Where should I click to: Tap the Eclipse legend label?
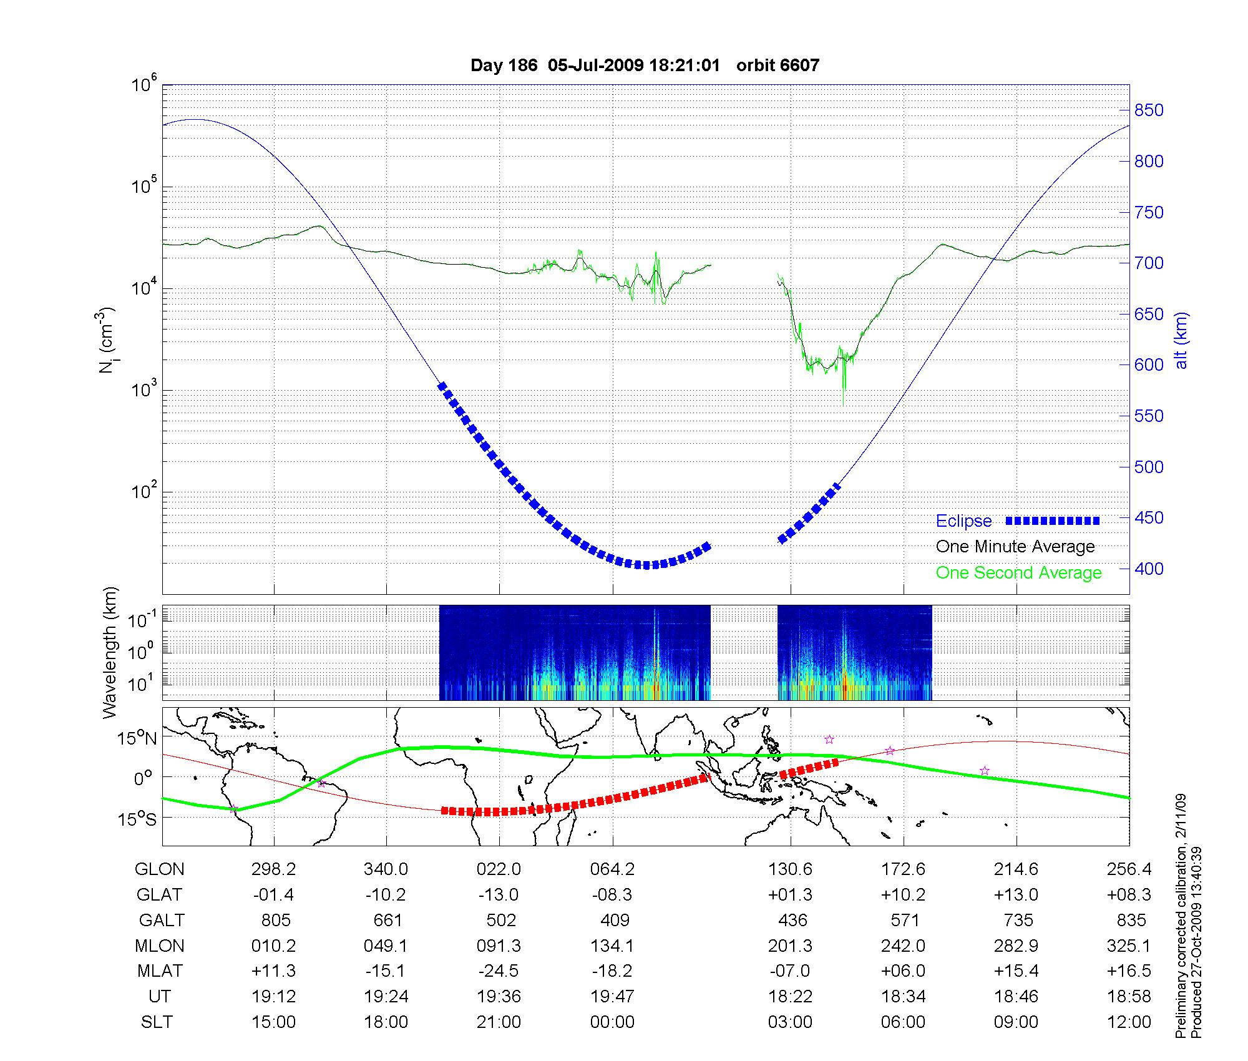click(963, 521)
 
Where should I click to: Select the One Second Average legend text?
click(1018, 573)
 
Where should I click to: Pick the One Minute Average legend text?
click(1015, 547)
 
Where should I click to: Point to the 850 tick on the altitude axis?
click(1148, 110)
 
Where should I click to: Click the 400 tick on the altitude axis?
click(1148, 569)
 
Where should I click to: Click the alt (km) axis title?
click(1181, 340)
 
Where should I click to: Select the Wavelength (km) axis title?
click(110, 652)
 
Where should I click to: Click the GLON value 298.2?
click(273, 869)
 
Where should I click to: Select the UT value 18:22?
click(791, 997)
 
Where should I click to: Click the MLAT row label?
click(160, 971)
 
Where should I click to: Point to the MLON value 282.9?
click(1016, 946)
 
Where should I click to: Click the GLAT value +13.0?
click(1016, 895)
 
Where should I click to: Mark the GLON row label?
click(160, 869)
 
